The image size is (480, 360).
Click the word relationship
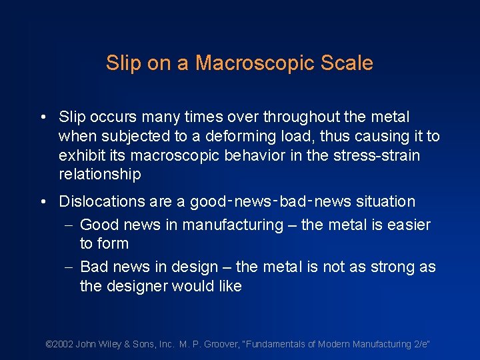100,175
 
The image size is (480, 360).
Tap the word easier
409,225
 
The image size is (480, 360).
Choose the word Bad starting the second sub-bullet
93,267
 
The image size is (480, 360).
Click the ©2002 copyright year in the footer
59,344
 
